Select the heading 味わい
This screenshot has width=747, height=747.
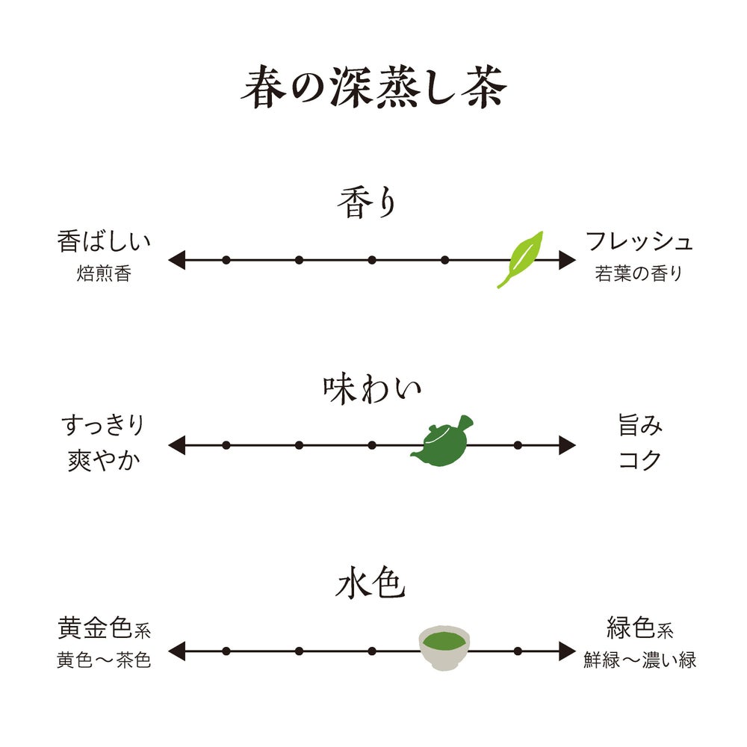372,390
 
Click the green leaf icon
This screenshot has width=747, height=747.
521,258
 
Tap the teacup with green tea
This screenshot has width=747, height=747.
444,647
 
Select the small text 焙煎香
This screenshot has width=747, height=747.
104,274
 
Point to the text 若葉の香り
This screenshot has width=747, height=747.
639,274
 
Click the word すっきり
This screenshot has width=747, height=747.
102,426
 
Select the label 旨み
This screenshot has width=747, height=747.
640,426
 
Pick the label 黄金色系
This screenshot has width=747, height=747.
104,629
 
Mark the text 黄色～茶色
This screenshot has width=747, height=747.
104,661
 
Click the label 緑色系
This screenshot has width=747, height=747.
640,629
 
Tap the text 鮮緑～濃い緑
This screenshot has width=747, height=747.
640,661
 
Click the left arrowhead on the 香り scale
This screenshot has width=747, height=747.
176,260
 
